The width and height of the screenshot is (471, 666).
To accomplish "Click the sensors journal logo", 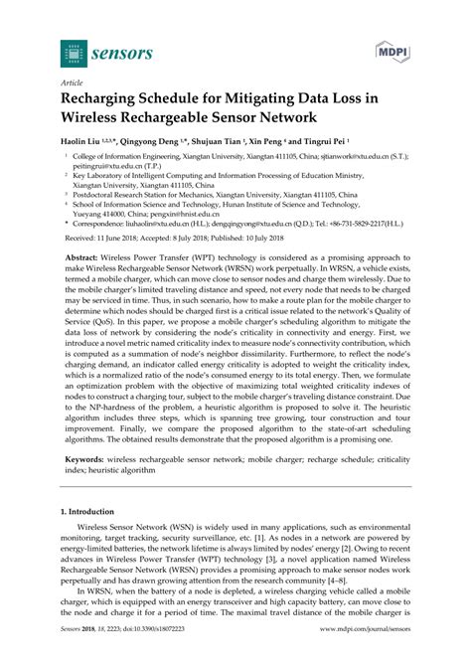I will pyautogui.click(x=84, y=47).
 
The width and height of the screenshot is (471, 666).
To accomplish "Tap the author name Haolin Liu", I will pyautogui.click(x=84, y=144).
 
